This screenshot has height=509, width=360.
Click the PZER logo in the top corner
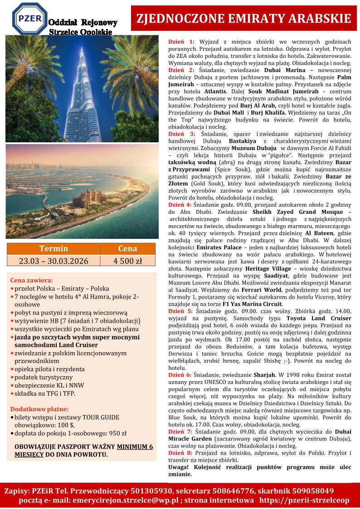pyautogui.click(x=29, y=19)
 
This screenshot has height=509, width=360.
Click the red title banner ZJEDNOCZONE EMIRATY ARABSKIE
pyautogui.click(x=244, y=18)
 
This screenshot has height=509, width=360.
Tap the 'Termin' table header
pyautogui.click(x=54, y=248)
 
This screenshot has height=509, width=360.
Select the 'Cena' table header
pyautogui.click(x=127, y=248)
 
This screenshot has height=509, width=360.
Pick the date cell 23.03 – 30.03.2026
pyautogui.click(x=54, y=261)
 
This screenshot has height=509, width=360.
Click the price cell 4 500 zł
pyautogui.click(x=127, y=261)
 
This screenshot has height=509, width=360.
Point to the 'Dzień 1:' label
pyautogui.click(x=181, y=41)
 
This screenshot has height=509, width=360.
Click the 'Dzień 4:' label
pyautogui.click(x=180, y=205)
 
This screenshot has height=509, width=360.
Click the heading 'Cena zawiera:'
pyautogui.click(x=31, y=280)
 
